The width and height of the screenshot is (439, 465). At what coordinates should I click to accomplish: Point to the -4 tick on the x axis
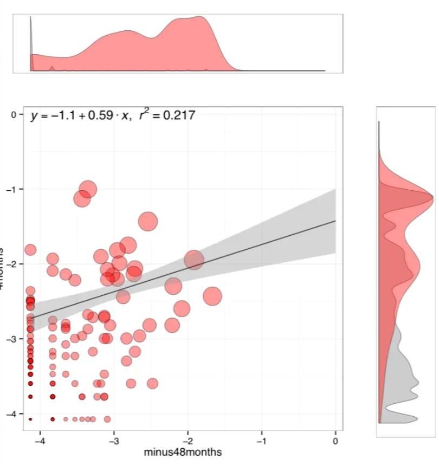tap(39, 441)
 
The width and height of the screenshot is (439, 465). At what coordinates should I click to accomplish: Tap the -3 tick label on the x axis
tap(113, 441)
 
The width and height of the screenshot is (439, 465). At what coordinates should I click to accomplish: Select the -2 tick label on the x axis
tap(186, 441)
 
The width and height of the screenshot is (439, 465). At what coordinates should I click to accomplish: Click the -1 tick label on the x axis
tap(261, 441)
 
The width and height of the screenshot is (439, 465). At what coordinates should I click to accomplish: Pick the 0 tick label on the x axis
tap(335, 441)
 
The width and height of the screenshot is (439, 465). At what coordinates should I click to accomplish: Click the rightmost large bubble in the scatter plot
tap(212, 296)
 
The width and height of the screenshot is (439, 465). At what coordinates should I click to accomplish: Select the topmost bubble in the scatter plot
tap(88, 190)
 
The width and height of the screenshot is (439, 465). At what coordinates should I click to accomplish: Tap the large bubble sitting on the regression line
tap(193, 260)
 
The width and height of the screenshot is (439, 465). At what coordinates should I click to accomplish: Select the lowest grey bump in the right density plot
tap(412, 418)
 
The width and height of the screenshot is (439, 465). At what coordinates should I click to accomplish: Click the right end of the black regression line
tap(335, 221)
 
